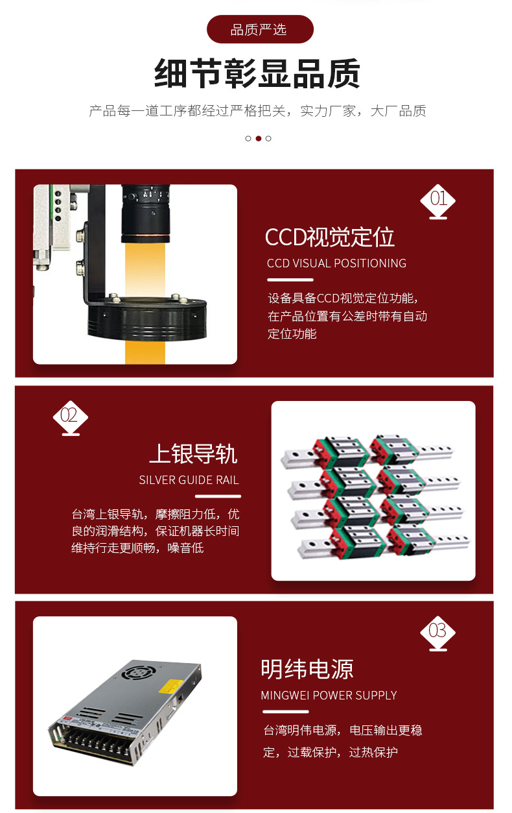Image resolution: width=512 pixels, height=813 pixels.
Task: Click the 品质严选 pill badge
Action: [x=259, y=29]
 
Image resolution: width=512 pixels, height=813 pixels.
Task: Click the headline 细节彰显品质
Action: [x=257, y=73]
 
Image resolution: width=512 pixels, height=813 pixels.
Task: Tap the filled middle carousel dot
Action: [x=258, y=138]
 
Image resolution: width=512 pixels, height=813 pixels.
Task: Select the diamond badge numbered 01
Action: [x=438, y=199]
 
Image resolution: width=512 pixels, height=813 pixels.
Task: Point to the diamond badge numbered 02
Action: [x=69, y=415]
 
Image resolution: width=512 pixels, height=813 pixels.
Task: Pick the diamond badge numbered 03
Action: [x=437, y=631]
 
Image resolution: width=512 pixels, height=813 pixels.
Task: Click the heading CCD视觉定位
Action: [x=329, y=237]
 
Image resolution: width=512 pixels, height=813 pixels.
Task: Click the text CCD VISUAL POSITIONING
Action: [x=336, y=263]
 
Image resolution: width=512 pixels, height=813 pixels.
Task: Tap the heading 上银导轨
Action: [x=193, y=454]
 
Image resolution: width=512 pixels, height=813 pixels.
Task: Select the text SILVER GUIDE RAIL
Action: [x=189, y=480]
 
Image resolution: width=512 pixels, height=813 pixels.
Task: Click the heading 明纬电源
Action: [x=307, y=669]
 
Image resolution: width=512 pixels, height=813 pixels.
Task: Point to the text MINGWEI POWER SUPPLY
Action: [x=329, y=696]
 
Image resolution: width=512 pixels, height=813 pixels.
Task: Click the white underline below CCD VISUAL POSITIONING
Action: [x=290, y=280]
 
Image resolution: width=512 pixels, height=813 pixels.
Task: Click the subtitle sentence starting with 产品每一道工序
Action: [x=257, y=111]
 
